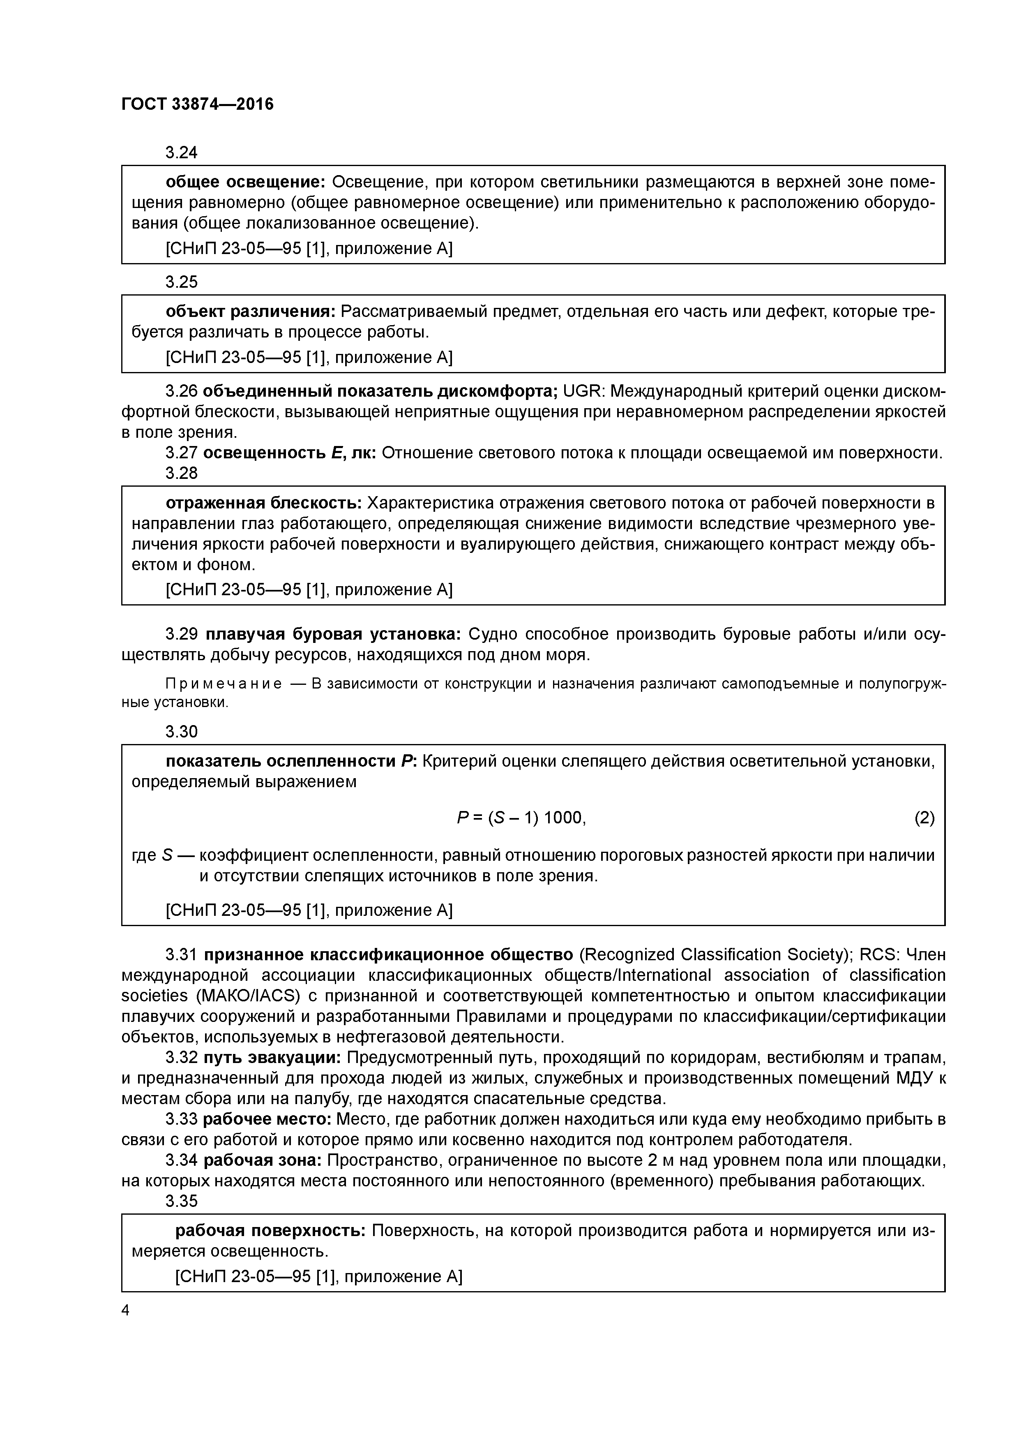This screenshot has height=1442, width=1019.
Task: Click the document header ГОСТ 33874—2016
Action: tap(197, 104)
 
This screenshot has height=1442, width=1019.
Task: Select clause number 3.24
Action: tap(182, 153)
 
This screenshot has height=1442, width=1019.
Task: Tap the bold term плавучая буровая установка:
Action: tap(333, 634)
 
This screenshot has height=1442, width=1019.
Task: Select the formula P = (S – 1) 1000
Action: tap(521, 818)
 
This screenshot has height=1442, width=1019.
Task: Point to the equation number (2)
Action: tap(924, 818)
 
